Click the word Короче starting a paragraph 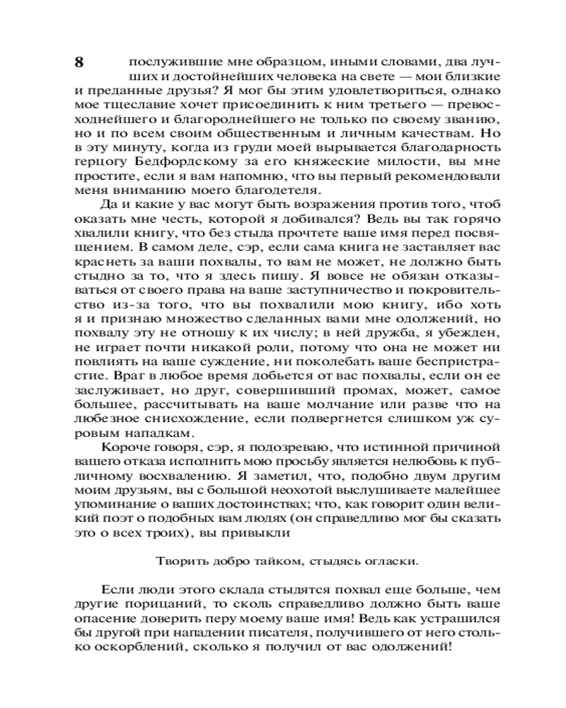click(122, 447)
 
